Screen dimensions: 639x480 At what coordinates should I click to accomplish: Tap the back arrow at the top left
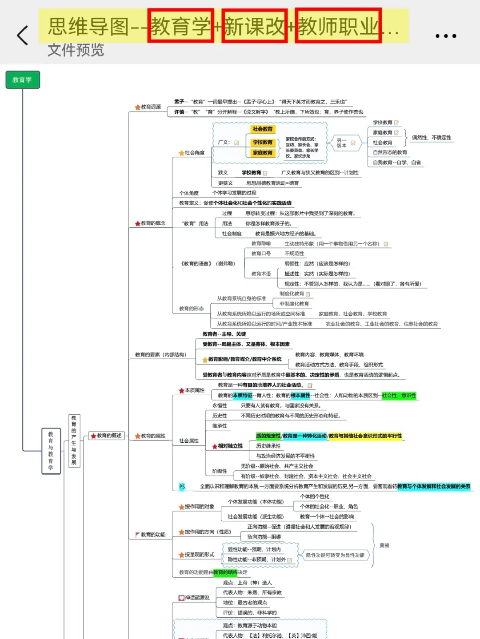(x=23, y=35)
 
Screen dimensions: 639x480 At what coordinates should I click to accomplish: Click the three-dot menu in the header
(x=445, y=36)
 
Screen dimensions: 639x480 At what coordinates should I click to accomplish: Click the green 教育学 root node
(x=22, y=80)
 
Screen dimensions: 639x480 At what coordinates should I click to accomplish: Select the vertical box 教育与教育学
(x=51, y=451)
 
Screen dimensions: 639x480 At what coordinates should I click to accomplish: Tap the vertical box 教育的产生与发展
(x=74, y=440)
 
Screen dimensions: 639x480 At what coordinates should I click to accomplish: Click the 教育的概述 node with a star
(x=107, y=436)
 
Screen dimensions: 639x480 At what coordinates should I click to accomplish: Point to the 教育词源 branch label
(x=148, y=107)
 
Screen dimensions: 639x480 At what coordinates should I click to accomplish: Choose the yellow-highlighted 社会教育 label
(x=263, y=129)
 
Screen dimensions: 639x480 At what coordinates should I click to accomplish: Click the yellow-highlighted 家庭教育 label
(x=263, y=153)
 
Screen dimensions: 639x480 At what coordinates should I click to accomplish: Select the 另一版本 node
(x=341, y=143)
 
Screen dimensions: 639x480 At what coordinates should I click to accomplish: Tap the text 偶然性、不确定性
(x=431, y=138)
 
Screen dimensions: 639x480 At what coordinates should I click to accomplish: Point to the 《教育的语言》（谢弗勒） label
(x=208, y=264)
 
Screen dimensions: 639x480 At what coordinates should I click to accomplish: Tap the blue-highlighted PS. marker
(x=182, y=486)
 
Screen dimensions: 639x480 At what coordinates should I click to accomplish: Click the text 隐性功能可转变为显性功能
(x=335, y=555)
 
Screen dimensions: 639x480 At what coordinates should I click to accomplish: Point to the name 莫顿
(x=384, y=545)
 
